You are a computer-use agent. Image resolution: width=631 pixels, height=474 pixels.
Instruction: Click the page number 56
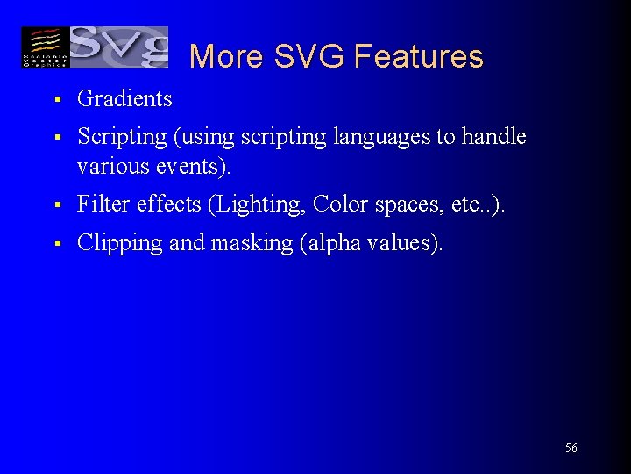click(x=571, y=449)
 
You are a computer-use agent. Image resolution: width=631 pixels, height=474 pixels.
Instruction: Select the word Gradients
click(x=124, y=99)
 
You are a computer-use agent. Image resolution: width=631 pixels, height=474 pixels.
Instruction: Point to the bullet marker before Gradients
click(x=55, y=100)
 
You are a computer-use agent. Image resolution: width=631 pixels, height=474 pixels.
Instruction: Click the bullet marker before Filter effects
click(x=55, y=205)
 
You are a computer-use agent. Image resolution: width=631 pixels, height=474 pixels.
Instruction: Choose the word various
click(x=107, y=166)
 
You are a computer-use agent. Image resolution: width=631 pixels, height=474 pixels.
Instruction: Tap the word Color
click(x=341, y=205)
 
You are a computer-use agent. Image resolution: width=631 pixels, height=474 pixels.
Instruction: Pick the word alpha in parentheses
click(x=332, y=243)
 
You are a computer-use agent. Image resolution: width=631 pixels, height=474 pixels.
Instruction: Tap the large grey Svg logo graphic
click(x=118, y=47)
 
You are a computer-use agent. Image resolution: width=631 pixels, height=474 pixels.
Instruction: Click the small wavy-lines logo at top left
click(x=45, y=47)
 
